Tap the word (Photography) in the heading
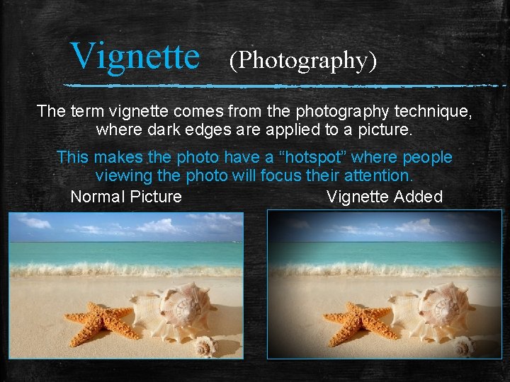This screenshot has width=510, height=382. pyautogui.click(x=302, y=61)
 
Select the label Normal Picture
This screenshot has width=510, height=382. pyautogui.click(x=126, y=197)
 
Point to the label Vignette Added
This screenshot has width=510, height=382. pyautogui.click(x=384, y=197)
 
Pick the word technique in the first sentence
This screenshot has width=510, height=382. pyautogui.click(x=434, y=112)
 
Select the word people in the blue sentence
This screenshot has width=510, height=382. pyautogui.click(x=427, y=157)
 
